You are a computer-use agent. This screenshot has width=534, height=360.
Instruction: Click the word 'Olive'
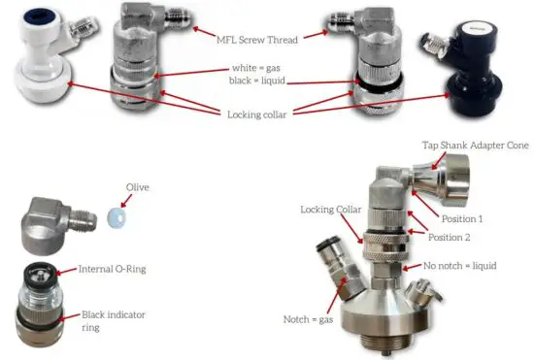(x=137, y=187)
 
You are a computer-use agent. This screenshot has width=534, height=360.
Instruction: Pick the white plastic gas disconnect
(x=35, y=68)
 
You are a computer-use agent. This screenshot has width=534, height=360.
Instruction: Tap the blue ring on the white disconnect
(x=20, y=19)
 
